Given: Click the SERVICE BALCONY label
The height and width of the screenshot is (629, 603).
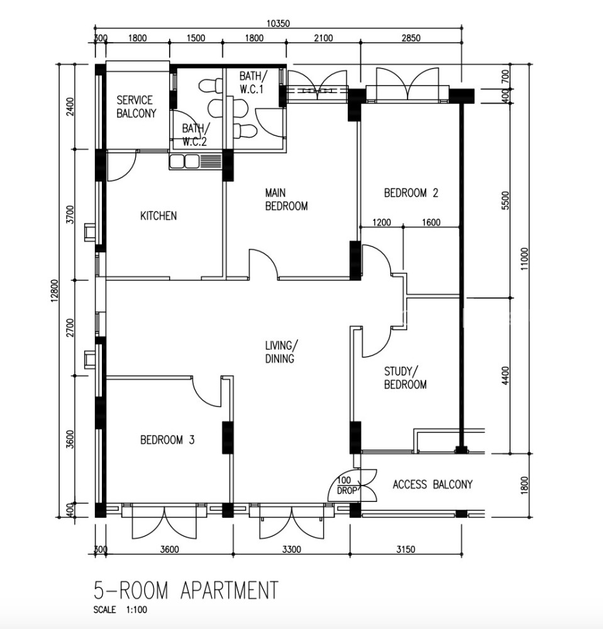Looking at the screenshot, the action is (x=136, y=107).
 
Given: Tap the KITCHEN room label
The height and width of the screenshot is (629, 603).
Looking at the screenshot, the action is (x=158, y=216).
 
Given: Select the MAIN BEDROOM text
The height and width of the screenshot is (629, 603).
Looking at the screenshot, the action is (x=286, y=199).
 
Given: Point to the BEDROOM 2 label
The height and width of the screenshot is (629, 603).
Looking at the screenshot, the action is (x=411, y=193).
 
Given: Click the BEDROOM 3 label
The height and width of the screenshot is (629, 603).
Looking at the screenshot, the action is (x=167, y=440).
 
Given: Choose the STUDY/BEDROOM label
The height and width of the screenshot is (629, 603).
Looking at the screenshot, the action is (x=406, y=377).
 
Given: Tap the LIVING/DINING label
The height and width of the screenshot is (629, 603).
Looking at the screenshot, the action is (x=282, y=352).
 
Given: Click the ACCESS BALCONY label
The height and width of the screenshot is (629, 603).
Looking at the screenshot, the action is (x=433, y=484).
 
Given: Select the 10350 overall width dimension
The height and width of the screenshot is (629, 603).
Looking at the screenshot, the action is (x=277, y=24).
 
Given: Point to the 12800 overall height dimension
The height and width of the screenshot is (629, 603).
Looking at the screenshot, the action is (x=55, y=291).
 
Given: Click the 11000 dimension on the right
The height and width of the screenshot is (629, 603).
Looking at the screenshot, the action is (x=525, y=259).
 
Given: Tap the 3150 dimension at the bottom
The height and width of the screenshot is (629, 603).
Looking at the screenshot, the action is (x=406, y=549).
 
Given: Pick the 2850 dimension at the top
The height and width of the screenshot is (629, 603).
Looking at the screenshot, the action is (x=411, y=38).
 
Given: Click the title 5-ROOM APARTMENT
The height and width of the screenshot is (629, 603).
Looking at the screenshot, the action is (x=185, y=590).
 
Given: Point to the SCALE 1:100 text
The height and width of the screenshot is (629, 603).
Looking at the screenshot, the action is (x=120, y=610).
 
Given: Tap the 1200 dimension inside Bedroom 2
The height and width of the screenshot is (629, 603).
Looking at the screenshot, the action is (x=381, y=222).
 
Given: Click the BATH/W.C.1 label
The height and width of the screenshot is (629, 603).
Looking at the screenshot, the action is (x=252, y=82).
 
